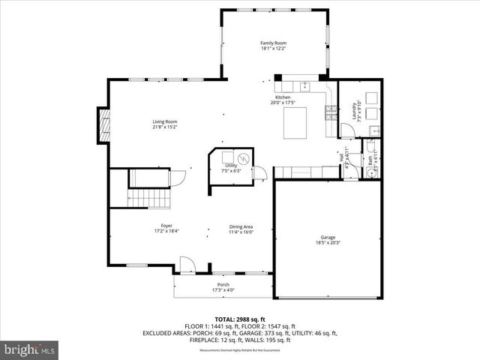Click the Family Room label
coord(273,43)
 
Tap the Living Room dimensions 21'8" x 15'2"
coord(165,127)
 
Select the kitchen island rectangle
coord(295,122)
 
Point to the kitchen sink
coord(305,85)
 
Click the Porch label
coord(223,284)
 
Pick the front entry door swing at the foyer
coord(186,264)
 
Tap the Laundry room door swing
coord(346,130)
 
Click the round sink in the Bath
coord(370,172)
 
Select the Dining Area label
coord(241,226)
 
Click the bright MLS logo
coord(30,349)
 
